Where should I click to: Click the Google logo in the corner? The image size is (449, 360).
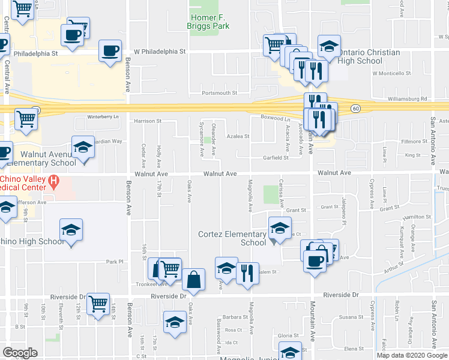pyautogui.click(x=20, y=353)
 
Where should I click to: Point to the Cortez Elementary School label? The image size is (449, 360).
pyautogui.click(x=232, y=238)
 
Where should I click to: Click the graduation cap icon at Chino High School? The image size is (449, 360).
pyautogui.click(x=71, y=230)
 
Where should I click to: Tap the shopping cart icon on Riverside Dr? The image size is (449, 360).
pyautogui.click(x=98, y=304)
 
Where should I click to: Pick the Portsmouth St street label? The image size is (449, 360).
pyautogui.click(x=220, y=93)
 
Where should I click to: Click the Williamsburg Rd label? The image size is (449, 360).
pyautogui.click(x=407, y=98)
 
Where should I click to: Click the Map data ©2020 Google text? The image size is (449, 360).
pyautogui.click(x=412, y=355)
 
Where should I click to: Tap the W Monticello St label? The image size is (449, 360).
pyautogui.click(x=391, y=74)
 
